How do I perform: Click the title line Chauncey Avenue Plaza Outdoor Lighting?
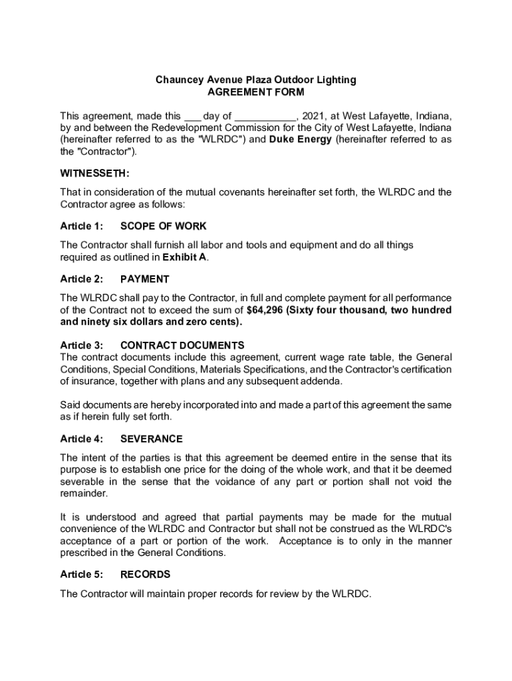(x=256, y=80)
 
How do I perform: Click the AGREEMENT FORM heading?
(x=256, y=92)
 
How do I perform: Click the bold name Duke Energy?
(x=300, y=140)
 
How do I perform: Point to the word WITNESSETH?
(x=94, y=174)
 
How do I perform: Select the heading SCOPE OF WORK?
(x=164, y=226)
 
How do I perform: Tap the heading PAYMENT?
(x=145, y=279)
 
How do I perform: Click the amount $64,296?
(x=265, y=310)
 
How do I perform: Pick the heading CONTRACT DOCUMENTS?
(x=182, y=345)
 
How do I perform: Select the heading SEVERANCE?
(x=152, y=439)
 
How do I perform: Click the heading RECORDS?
(x=146, y=575)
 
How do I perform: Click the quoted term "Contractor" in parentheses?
(x=106, y=152)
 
